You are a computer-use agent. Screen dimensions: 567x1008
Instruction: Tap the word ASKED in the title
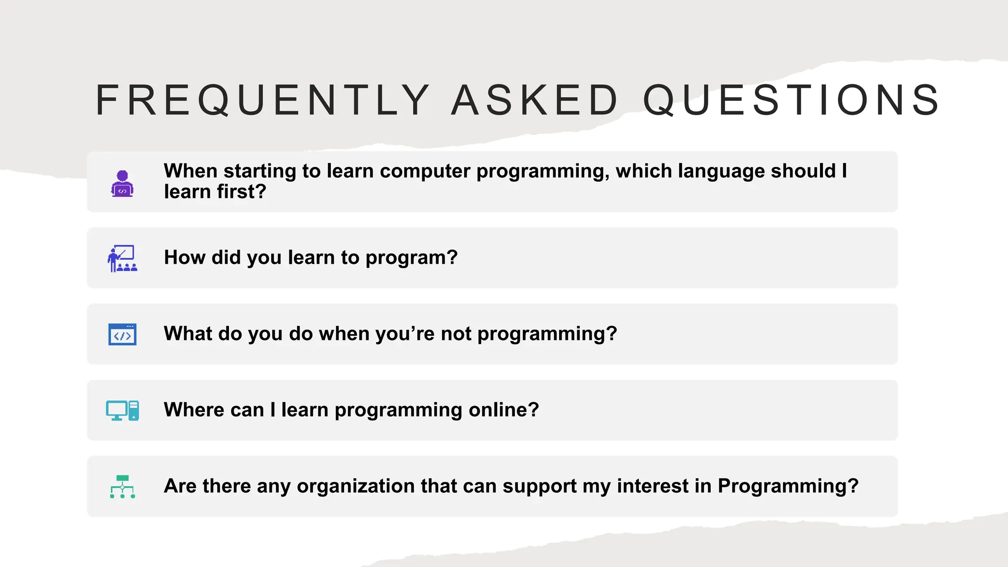tap(535, 100)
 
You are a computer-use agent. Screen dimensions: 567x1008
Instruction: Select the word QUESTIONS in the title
tap(792, 100)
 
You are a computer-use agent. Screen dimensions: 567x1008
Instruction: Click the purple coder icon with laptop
tap(122, 184)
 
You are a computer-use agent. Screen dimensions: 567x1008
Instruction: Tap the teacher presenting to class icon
tap(122, 258)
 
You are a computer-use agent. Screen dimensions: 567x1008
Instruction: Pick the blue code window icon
tap(122, 335)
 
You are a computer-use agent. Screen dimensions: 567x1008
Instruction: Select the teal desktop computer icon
tap(122, 410)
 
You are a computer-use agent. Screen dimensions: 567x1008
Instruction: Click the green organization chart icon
tap(122, 486)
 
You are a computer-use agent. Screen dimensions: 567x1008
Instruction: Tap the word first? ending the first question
tap(242, 192)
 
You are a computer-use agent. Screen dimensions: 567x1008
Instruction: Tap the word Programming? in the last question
tap(788, 486)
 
